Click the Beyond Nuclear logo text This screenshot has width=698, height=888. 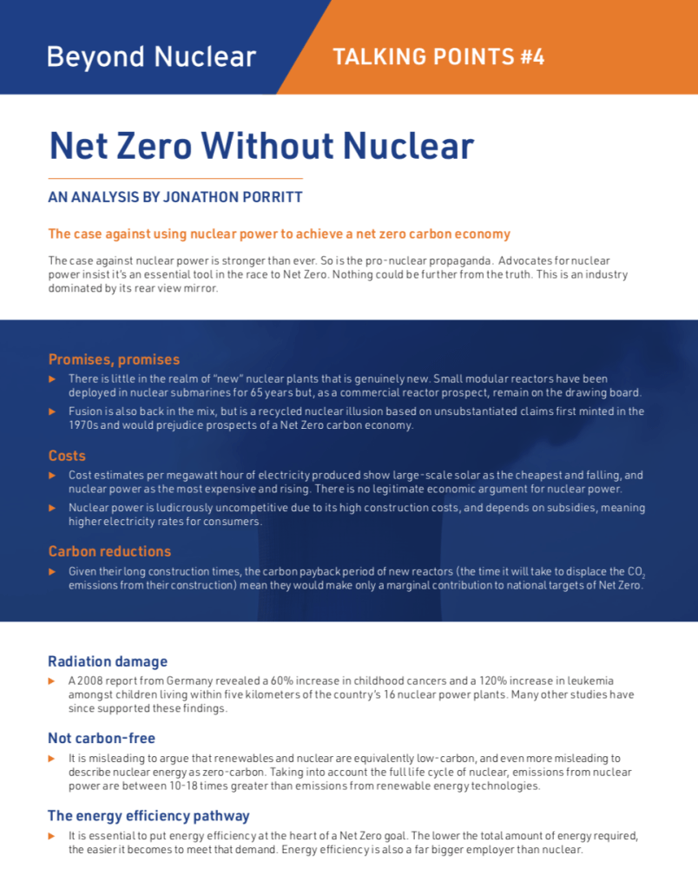click(151, 57)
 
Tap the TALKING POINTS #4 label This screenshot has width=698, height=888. click(438, 57)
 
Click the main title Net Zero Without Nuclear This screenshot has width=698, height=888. click(261, 145)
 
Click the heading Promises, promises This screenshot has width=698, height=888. click(114, 359)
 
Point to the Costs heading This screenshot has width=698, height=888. click(67, 456)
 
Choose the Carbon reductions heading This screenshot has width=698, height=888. click(109, 551)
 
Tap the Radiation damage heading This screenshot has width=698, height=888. click(108, 661)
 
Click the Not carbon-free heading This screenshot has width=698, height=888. click(102, 738)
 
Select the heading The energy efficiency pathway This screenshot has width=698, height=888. click(148, 815)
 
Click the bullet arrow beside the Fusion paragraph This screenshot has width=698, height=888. click(52, 411)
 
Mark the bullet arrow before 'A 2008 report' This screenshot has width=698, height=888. click(52, 681)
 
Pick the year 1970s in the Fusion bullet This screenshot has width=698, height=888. click(84, 425)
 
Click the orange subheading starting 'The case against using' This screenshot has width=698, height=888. click(279, 234)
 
